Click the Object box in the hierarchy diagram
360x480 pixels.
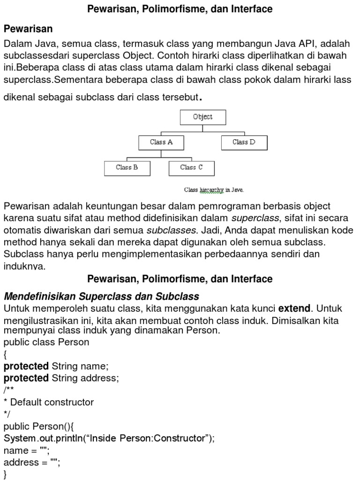pyautogui.click(x=202, y=117)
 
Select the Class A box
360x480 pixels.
pyautogui.click(x=161, y=142)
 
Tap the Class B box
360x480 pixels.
pyautogui.click(x=127, y=168)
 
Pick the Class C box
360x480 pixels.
pyautogui.click(x=191, y=168)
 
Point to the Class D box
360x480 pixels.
pyautogui.click(x=244, y=142)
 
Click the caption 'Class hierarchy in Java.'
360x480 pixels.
pyautogui.click(x=214, y=190)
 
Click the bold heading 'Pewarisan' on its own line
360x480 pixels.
pyautogui.click(x=28, y=29)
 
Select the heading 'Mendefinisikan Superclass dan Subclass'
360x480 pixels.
pyautogui.click(x=102, y=297)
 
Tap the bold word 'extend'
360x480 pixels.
pyautogui.click(x=294, y=308)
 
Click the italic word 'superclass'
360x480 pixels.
pyautogui.click(x=255, y=218)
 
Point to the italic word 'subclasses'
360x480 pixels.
pyautogui.click(x=171, y=231)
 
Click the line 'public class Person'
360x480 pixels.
pyautogui.click(x=46, y=342)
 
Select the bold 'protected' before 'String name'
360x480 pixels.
pyautogui.click(x=26, y=366)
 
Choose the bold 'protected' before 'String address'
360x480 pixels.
pyautogui.click(x=26, y=378)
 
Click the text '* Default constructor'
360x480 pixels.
pyautogui.click(x=49, y=402)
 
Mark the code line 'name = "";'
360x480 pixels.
pyautogui.click(x=26, y=450)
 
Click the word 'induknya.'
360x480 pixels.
pyautogui.click(x=24, y=266)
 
